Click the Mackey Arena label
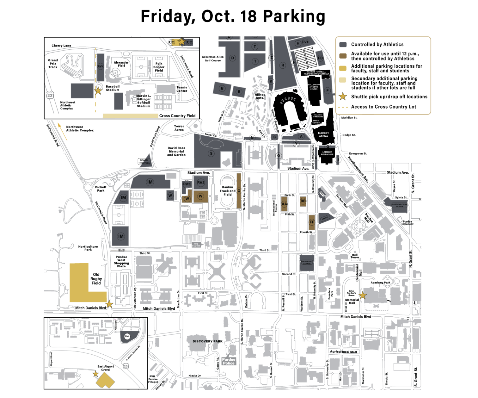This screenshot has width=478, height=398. (x=323, y=134)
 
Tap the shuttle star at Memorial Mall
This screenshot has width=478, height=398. (x=363, y=295)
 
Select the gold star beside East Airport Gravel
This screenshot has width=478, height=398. (x=95, y=374)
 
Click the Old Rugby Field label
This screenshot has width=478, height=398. (x=96, y=279)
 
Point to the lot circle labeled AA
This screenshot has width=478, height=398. (x=284, y=204)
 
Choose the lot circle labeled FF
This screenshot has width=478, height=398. (x=312, y=222)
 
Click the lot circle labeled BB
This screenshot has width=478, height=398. (x=303, y=201)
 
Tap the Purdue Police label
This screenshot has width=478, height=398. (x=229, y=361)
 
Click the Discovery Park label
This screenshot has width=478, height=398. (x=207, y=341)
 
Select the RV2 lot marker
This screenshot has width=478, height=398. (x=127, y=336)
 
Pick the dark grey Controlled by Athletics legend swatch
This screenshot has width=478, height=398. (x=343, y=45)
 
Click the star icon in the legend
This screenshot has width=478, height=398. (x=343, y=96)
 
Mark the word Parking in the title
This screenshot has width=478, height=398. (x=294, y=16)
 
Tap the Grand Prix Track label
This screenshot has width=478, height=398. (x=53, y=64)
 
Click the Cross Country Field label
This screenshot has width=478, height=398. (x=177, y=116)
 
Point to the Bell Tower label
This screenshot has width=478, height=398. (x=355, y=256)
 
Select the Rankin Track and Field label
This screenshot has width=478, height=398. (x=227, y=191)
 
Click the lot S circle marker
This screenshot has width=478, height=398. (x=211, y=154)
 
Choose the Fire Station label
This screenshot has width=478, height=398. (x=196, y=245)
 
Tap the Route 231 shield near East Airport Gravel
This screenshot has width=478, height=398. (x=126, y=366)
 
